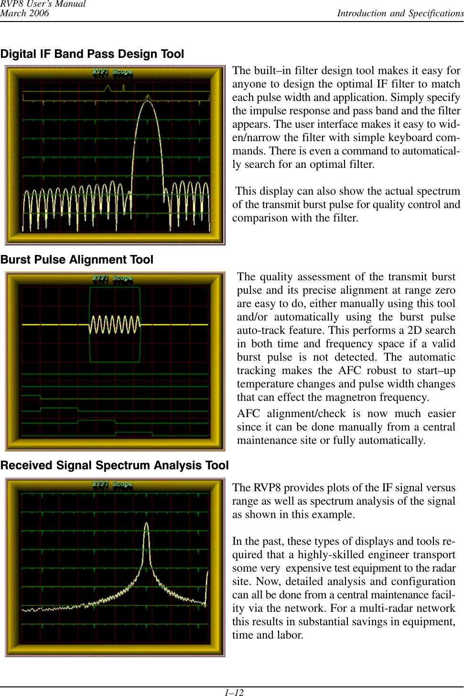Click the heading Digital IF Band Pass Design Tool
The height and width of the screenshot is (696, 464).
click(x=92, y=54)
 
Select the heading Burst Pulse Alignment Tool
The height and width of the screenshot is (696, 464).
click(x=77, y=260)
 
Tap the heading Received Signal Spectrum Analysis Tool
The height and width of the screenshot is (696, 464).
click(x=115, y=465)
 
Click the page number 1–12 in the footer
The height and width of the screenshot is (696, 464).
click(x=234, y=692)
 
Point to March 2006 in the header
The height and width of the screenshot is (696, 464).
click(x=24, y=13)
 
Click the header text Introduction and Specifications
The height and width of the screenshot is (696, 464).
click(x=400, y=13)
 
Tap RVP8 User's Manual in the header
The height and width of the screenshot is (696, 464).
click(x=43, y=4)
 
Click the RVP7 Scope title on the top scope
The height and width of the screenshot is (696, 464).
click(x=112, y=72)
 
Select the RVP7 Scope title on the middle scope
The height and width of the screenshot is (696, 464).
click(x=112, y=278)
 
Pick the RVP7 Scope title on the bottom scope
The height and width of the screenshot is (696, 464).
click(x=112, y=484)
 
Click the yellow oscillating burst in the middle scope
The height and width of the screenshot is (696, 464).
click(x=115, y=324)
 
